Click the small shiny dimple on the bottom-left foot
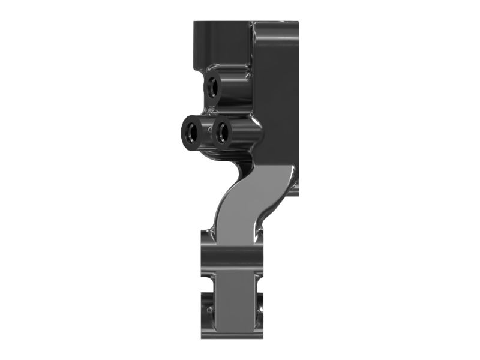click(210, 310)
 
